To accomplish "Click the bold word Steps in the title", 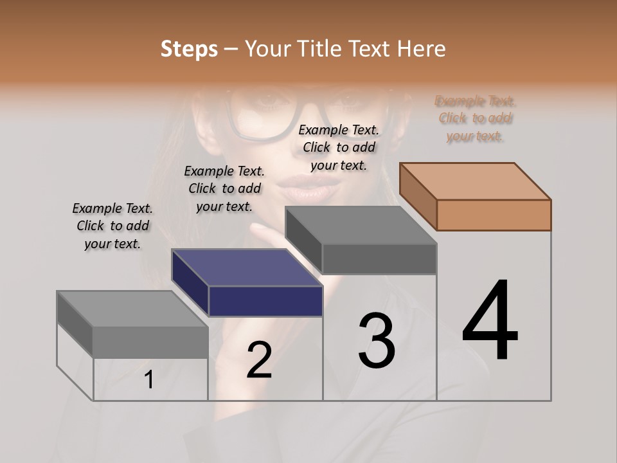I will click(x=189, y=49).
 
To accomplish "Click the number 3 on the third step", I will click(x=377, y=341).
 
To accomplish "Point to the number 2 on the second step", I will click(x=260, y=360).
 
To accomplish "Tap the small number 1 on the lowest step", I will click(x=148, y=380).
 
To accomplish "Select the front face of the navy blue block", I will click(x=265, y=301).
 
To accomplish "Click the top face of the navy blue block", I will click(x=247, y=268).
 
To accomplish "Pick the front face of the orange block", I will click(x=494, y=215).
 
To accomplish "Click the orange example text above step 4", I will click(x=476, y=118).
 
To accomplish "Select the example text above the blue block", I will click(x=224, y=188).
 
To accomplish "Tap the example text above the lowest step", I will click(x=112, y=226).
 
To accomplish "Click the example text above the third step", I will click(x=339, y=147).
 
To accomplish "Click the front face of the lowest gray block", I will click(x=150, y=342).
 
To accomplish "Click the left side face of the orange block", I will click(x=418, y=196).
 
